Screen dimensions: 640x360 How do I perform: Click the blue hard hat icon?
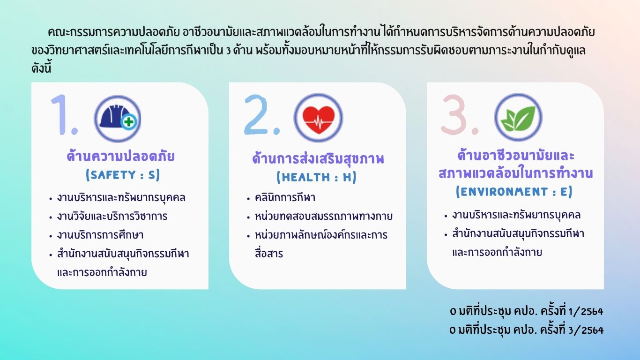click(x=118, y=119)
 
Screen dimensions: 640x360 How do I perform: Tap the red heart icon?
click(x=318, y=118)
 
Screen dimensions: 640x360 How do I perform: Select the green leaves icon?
click(x=518, y=118)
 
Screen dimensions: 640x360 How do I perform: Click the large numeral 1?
click(x=63, y=115)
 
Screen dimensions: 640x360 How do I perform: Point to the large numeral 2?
click(x=261, y=115)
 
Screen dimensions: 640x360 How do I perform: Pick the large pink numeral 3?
click(x=460, y=115)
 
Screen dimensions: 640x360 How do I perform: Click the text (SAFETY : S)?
click(x=123, y=175)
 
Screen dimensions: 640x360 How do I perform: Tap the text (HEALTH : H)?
click(x=317, y=177)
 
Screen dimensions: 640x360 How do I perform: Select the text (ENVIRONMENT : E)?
click(x=514, y=192)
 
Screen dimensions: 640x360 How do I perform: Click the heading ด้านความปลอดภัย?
click(x=120, y=156)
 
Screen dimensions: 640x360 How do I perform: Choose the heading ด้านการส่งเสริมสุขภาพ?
click(x=318, y=158)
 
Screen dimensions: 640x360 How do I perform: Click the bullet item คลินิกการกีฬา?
click(x=285, y=198)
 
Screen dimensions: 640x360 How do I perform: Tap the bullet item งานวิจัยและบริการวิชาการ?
click(x=112, y=216)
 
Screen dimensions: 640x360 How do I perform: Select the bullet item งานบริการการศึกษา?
click(x=100, y=235)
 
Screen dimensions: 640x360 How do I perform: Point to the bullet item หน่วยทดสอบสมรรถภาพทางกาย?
click(x=323, y=216)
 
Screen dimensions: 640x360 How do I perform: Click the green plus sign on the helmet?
click(x=128, y=122)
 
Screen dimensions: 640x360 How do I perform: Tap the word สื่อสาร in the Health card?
click(x=268, y=253)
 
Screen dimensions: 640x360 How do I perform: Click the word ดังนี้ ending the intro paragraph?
click(x=41, y=68)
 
